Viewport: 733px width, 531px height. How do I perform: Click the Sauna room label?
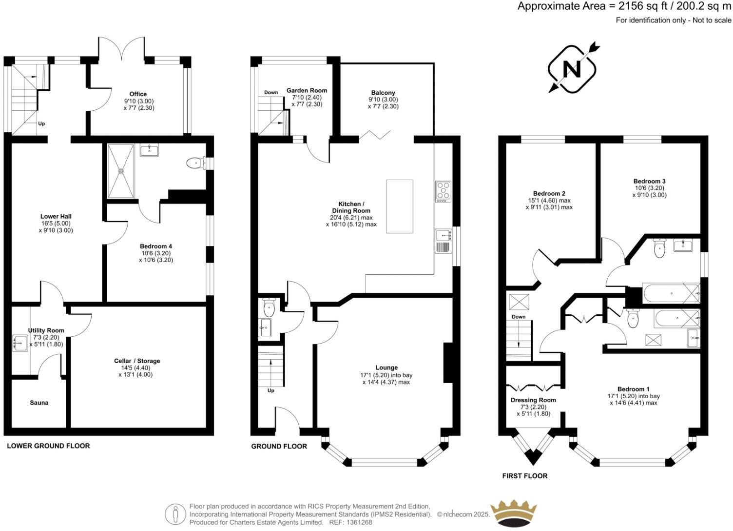click(x=39, y=403)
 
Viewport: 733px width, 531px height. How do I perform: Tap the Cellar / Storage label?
click(x=137, y=361)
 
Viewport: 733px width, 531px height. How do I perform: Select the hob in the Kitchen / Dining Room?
click(x=443, y=191)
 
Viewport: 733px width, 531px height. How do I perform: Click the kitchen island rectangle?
click(x=399, y=206)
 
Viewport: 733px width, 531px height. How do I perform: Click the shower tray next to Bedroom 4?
click(x=121, y=171)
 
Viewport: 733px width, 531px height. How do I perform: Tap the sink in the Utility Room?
click(x=20, y=343)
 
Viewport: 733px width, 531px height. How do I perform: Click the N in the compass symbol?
click(x=572, y=69)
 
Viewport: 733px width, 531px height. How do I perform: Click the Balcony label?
click(x=383, y=93)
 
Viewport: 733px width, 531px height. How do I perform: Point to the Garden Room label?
click(x=307, y=90)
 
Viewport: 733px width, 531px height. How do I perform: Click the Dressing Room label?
click(x=533, y=400)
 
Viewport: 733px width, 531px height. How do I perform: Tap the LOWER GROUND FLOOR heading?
click(x=48, y=446)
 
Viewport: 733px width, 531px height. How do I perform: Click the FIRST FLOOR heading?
click(x=525, y=476)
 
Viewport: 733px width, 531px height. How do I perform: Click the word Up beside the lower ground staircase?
click(x=41, y=123)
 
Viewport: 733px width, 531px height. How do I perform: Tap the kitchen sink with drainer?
click(x=444, y=241)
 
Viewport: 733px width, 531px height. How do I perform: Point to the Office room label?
click(x=138, y=94)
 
